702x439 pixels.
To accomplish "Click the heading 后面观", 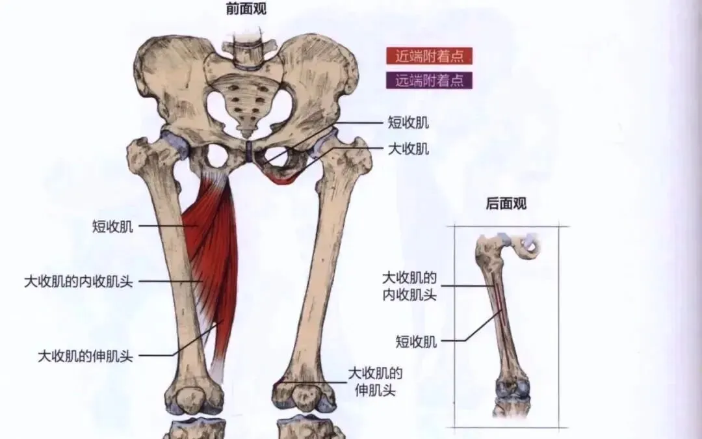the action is point(506,204).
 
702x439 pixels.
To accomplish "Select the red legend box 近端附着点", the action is point(429,56).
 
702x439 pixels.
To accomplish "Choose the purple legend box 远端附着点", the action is point(429,80).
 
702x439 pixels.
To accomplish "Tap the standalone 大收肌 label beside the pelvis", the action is point(408,149).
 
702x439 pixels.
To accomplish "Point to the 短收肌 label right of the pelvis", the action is point(408,122).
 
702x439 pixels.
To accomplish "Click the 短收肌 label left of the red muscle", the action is point(113,226).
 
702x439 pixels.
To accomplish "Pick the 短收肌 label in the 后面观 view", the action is point(417,341).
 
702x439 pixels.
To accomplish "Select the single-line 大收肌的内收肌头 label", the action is point(79,282).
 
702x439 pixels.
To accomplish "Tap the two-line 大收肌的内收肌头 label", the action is point(409,286).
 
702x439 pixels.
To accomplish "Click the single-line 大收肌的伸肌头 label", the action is point(85,356).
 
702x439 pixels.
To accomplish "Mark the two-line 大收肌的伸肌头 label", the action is point(375,382).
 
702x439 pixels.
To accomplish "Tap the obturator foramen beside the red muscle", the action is point(216,156).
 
